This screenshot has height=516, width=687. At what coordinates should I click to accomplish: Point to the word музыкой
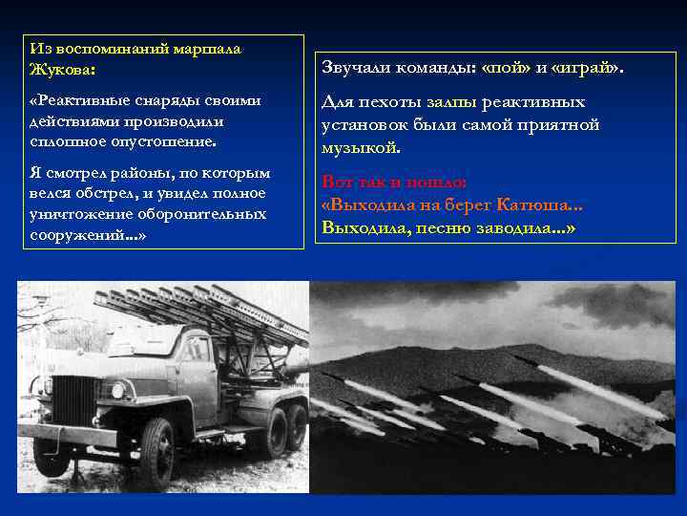pos(361,148)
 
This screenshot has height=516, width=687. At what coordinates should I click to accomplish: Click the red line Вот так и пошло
pos(394,182)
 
